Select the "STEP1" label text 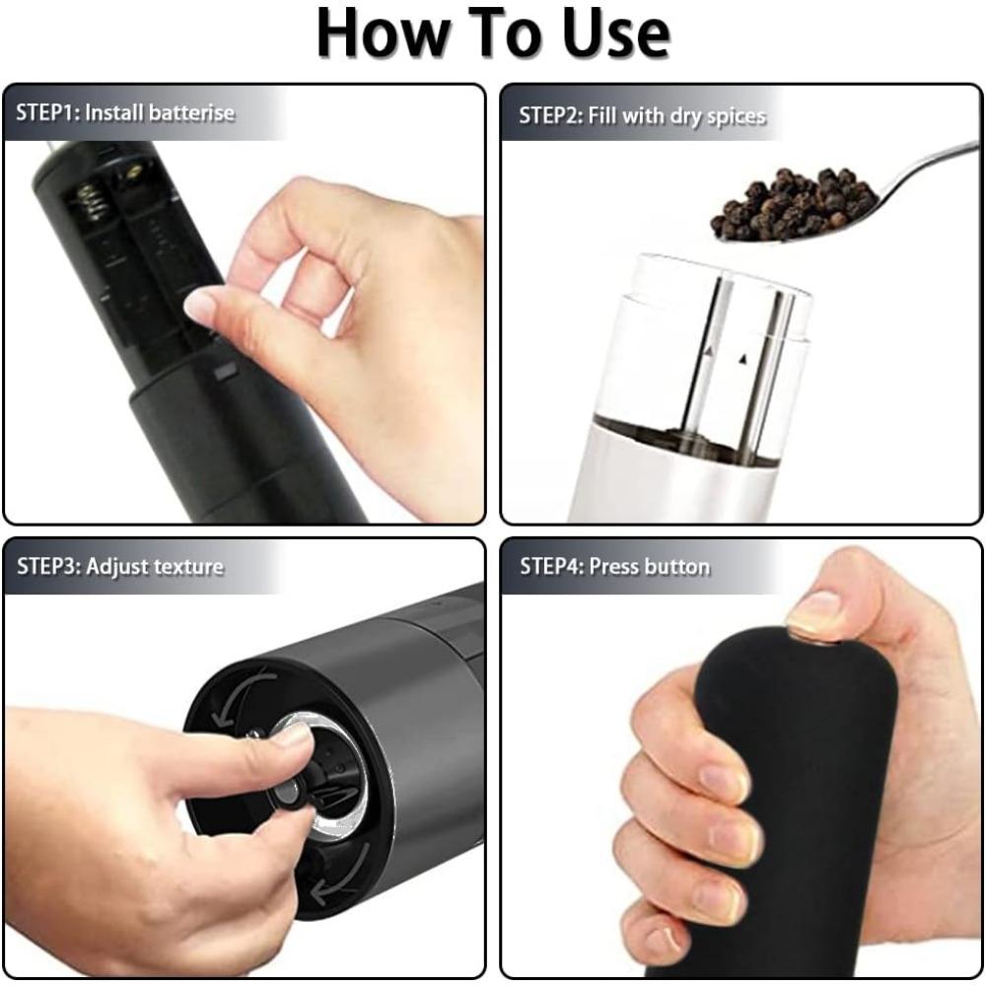(x=46, y=112)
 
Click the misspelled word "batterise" (x=191, y=112)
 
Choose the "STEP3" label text (x=48, y=567)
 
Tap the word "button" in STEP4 (x=676, y=567)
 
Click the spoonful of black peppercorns (x=794, y=204)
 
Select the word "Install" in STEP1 (x=113, y=112)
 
